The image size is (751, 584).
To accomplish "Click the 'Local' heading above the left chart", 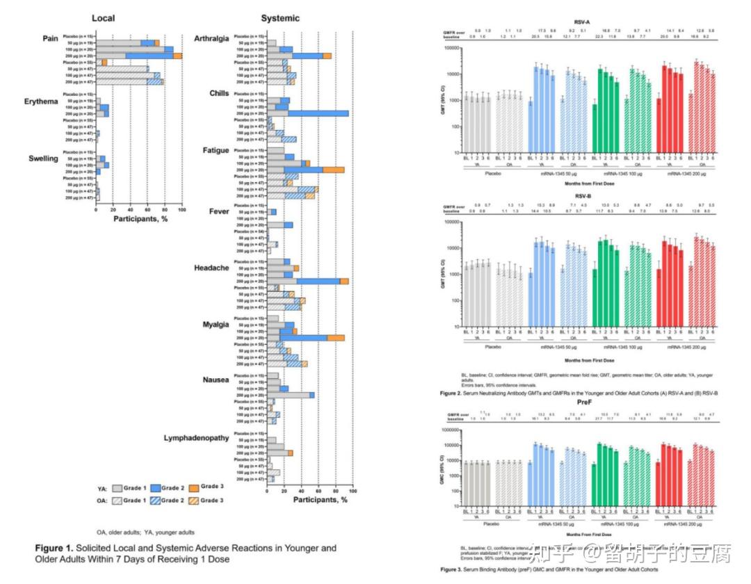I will coord(103,18).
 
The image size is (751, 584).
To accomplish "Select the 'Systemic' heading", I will coord(280,18).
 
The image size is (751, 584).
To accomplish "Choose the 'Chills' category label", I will coord(219,94).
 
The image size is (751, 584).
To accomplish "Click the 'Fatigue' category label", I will coord(216,150).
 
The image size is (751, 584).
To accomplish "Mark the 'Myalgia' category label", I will coord(215,323).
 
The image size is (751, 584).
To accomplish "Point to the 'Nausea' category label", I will coord(216,380).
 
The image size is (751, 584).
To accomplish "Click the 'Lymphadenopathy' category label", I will coord(196,438).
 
